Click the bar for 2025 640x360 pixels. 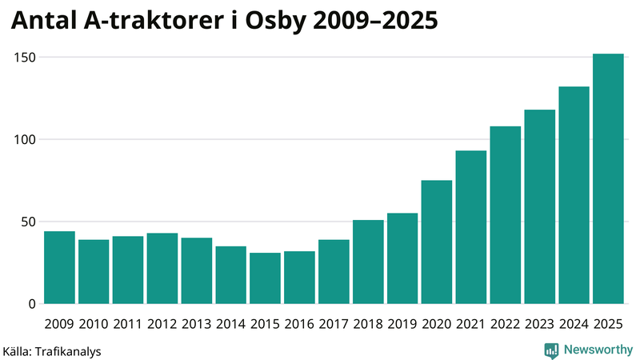608,179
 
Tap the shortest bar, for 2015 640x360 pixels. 265,278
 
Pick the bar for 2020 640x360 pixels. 437,242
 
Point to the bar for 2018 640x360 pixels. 368,262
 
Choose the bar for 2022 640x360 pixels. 505,215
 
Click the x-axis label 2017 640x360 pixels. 334,323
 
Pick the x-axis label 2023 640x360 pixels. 539,323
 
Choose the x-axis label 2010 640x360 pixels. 94,323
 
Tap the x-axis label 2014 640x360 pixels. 230,323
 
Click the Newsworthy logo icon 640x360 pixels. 551,350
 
